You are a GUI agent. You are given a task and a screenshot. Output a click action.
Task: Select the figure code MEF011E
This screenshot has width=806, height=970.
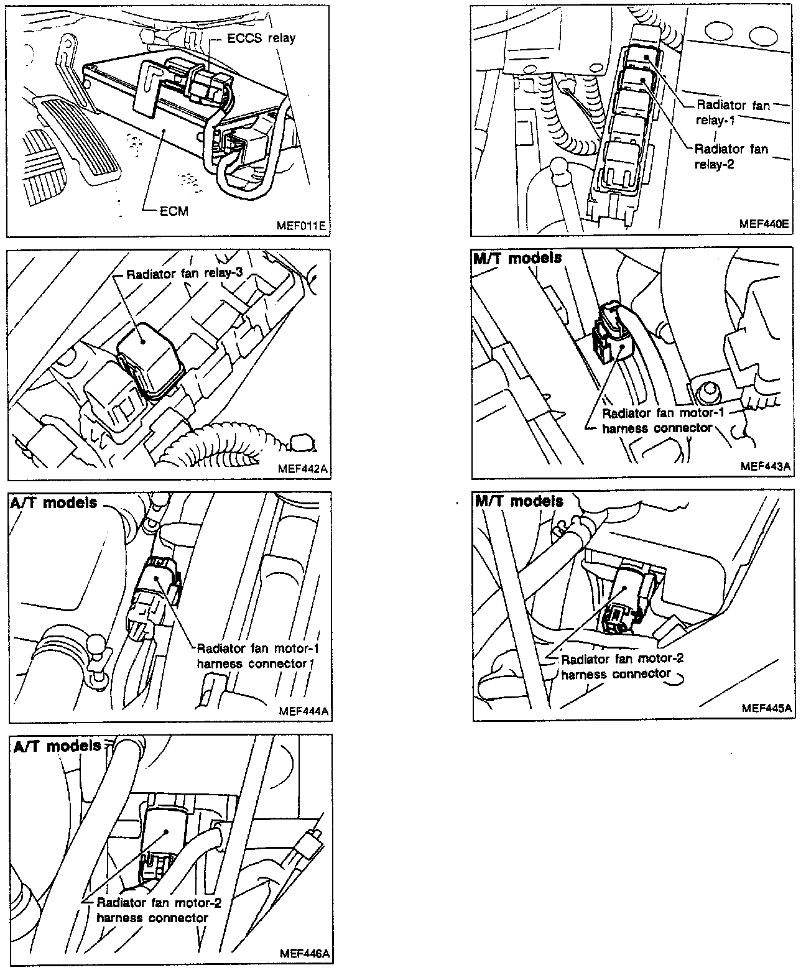point(301,226)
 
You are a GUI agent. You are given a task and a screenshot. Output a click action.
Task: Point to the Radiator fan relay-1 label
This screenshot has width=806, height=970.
point(732,113)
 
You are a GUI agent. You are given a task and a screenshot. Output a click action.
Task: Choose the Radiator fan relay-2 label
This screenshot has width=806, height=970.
point(731,157)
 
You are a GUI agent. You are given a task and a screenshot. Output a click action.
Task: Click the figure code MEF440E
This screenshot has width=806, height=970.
point(764,224)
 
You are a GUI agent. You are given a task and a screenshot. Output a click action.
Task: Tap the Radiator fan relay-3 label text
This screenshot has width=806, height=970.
point(184,274)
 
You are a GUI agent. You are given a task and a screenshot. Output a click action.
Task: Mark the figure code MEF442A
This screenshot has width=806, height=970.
point(303,468)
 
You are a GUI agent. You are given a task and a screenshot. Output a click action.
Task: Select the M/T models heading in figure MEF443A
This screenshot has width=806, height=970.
point(517,257)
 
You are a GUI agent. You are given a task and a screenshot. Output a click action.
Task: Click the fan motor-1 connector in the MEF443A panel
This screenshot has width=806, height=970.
point(613,333)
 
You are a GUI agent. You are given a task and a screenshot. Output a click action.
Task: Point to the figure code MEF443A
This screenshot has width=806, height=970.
point(766,466)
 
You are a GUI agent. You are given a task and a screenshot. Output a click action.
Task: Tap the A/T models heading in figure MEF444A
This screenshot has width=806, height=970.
point(54,502)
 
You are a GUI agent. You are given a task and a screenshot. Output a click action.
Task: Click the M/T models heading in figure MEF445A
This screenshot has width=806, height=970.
point(519,501)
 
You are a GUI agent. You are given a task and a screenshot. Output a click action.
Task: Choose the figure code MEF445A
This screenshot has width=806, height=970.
point(767,708)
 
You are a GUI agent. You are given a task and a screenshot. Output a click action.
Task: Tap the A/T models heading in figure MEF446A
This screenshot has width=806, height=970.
point(57,746)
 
